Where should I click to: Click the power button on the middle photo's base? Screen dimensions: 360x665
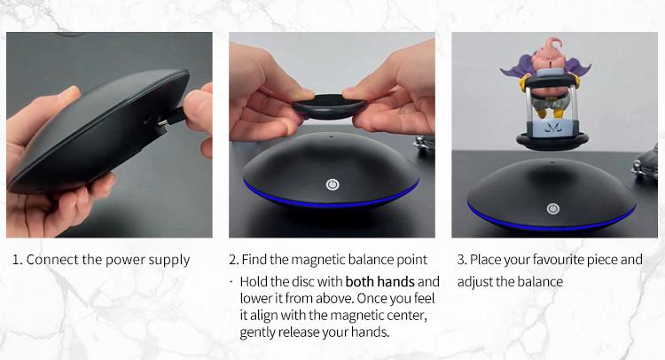pos(332,185)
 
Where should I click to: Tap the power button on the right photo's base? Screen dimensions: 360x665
pos(552,208)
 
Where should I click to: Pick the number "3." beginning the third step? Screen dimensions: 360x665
pos(462,260)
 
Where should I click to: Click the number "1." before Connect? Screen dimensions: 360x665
pos(17,260)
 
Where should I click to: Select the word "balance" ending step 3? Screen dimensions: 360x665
pos(541,282)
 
